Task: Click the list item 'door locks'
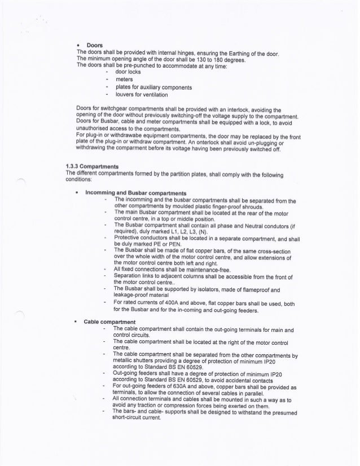[x=127, y=73]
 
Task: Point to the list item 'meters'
[x=124, y=80]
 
